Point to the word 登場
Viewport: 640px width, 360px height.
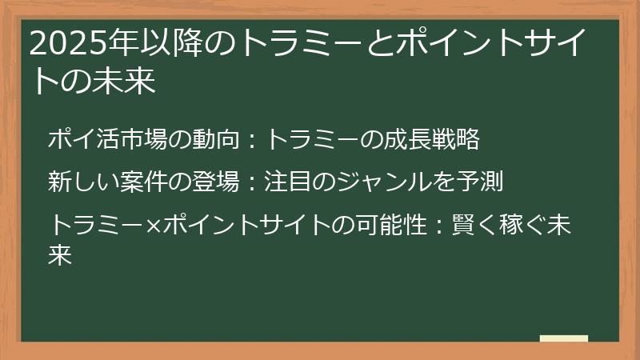point(215,182)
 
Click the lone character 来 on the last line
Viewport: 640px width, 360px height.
point(60,254)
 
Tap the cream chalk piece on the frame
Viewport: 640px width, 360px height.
point(564,339)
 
